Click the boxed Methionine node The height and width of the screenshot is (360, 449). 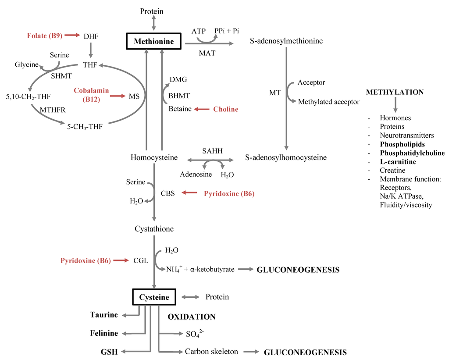tap(154, 42)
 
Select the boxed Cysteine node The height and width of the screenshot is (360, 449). tap(154, 297)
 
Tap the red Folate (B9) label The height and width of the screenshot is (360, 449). tap(44, 36)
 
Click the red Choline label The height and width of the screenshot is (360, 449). tap(225, 109)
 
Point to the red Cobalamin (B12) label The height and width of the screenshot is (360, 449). tap(91, 95)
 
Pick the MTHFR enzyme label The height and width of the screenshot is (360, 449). tap(53, 110)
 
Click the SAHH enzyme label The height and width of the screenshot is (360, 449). tap(212, 151)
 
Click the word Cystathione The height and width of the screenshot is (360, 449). tap(154, 229)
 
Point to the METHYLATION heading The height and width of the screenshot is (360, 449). tap(395, 92)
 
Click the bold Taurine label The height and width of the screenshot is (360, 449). tap(104, 315)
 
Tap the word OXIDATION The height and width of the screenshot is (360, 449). tap(192, 317)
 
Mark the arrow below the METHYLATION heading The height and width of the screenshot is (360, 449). tap(395, 104)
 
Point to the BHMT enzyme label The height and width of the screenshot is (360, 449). tap(179, 95)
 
